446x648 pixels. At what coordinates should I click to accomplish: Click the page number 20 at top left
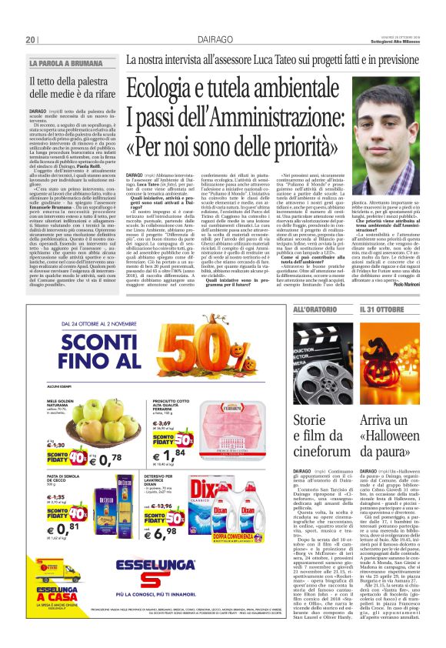[32, 39]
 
